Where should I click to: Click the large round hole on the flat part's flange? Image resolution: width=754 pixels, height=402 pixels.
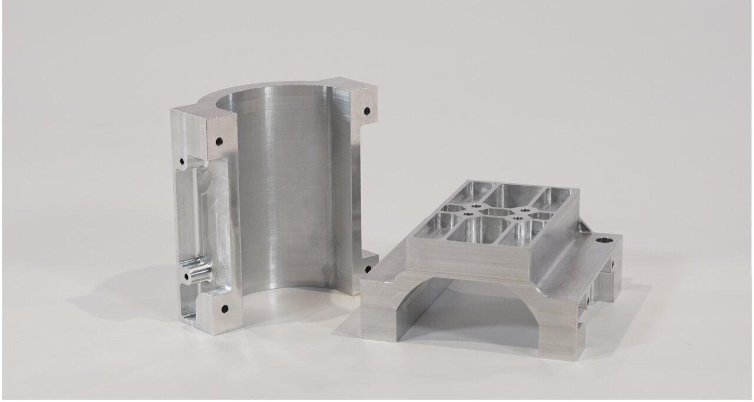(x=604, y=240)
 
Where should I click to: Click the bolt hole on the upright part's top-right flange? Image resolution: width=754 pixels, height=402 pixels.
(x=366, y=110)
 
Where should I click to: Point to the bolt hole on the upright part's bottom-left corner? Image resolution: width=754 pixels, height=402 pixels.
(x=224, y=308)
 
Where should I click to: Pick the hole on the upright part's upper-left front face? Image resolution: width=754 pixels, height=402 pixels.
(x=219, y=141)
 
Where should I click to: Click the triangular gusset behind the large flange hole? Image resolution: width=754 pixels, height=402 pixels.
(x=583, y=227)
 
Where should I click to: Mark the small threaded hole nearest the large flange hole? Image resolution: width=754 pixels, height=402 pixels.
(x=522, y=210)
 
